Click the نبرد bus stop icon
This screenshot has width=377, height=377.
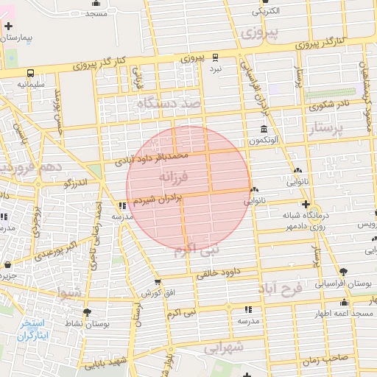coord(215,57)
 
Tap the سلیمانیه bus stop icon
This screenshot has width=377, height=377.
coord(31,73)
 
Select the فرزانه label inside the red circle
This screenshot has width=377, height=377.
coord(174,177)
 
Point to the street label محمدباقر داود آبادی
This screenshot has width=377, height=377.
coord(152,157)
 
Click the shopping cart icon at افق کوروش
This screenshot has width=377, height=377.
coord(158,282)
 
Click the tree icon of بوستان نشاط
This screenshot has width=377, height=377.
coord(87,312)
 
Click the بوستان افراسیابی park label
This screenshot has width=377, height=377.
coord(345,283)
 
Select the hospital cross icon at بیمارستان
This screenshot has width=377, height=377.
coord(8,26)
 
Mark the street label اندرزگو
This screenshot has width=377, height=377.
coord(75,182)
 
